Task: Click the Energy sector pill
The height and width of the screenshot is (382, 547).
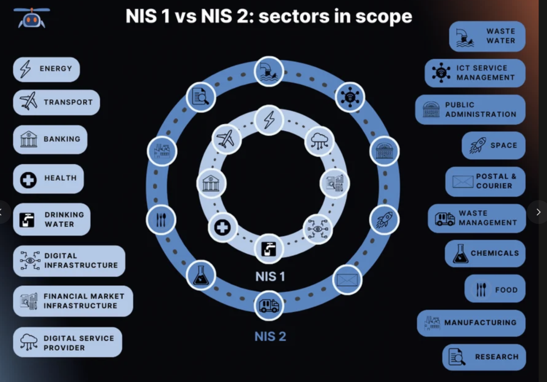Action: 46,69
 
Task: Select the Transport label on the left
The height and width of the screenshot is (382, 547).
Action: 57,102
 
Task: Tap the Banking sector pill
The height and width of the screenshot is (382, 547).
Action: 50,139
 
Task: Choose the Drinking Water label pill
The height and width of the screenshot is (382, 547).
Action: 52,219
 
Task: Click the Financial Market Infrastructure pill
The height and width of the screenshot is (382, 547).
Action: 73,301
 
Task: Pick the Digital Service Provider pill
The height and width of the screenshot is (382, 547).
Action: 68,342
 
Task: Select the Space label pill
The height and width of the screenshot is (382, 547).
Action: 494,145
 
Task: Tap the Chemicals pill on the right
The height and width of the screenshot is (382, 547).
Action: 485,254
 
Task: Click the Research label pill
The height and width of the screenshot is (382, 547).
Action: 484,357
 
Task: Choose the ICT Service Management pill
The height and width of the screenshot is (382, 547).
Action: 475,73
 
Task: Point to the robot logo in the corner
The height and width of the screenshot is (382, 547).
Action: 32,18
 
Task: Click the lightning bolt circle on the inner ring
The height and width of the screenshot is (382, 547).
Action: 269,120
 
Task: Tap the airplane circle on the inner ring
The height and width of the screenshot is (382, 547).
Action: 226,139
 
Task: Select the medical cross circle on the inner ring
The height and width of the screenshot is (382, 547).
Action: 223,228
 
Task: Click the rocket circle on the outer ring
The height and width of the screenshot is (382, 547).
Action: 384,220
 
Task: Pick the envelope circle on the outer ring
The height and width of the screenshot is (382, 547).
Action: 347,280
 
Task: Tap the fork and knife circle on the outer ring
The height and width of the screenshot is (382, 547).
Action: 161,220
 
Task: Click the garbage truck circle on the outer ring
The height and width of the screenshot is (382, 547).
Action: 269,306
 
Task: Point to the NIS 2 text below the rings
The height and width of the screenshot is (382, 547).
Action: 270,337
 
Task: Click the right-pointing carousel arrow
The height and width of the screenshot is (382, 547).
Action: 538,212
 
